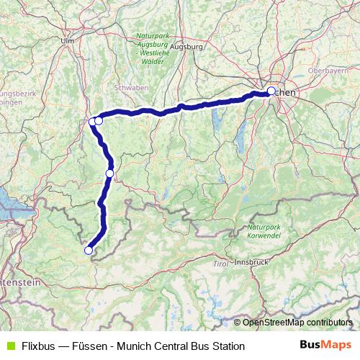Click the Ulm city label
click(68, 41)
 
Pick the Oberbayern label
click(327, 71)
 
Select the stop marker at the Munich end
click(271, 91)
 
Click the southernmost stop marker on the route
click(89, 251)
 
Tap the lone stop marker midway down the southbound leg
click(109, 173)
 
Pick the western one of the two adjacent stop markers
click(92, 122)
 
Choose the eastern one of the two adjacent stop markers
click(99, 121)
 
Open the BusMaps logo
click(325, 346)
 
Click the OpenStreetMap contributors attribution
click(297, 323)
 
